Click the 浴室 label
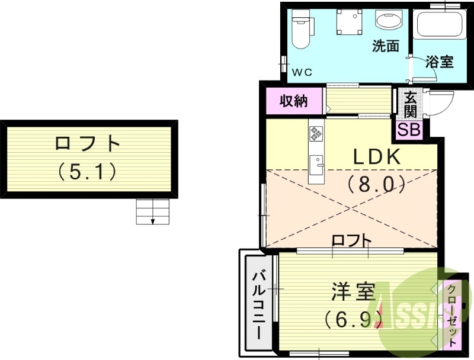point(439,61)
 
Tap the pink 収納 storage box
point(294,101)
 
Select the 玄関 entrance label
point(410,105)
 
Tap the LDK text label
point(377,157)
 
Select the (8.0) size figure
point(377,184)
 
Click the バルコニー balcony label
point(260,304)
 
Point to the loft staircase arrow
point(153,220)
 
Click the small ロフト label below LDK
point(351,240)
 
